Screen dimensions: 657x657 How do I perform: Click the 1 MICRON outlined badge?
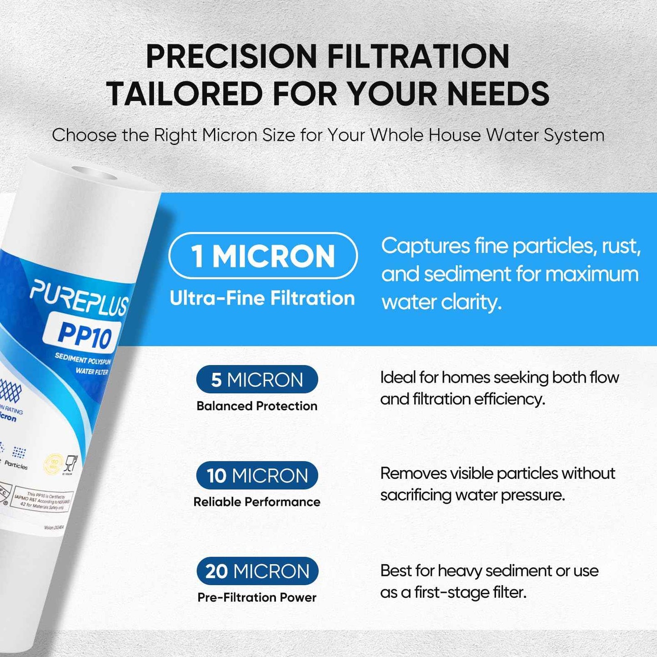pyautogui.click(x=263, y=256)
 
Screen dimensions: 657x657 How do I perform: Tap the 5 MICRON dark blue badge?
pyautogui.click(x=257, y=380)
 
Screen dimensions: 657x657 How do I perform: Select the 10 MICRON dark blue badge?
pyautogui.click(x=257, y=476)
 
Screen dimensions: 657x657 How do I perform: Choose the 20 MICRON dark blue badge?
pyautogui.click(x=257, y=571)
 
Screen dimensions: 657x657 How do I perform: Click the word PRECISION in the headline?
pyautogui.click(x=231, y=57)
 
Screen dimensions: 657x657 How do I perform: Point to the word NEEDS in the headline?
pyautogui.click(x=498, y=94)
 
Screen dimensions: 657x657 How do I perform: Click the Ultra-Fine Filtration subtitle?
pyautogui.click(x=262, y=298)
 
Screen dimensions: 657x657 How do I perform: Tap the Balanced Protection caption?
pyautogui.click(x=257, y=406)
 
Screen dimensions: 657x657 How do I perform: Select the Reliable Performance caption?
pyautogui.click(x=257, y=502)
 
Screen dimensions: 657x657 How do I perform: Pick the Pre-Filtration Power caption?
pyautogui.click(x=257, y=597)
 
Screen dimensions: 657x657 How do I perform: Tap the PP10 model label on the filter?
pyautogui.click(x=85, y=336)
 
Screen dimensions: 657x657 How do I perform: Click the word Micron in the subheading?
pyautogui.click(x=230, y=135)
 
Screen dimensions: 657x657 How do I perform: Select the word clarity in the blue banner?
pyautogui.click(x=471, y=302)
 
